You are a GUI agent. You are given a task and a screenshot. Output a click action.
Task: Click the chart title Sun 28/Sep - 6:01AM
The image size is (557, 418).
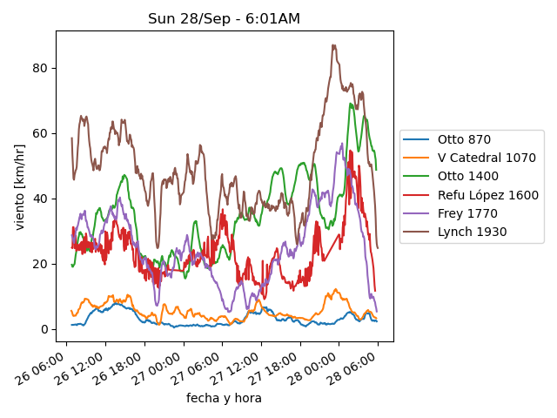coord(224,19)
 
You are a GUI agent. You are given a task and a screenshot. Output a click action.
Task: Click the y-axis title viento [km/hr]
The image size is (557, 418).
coord(20,187)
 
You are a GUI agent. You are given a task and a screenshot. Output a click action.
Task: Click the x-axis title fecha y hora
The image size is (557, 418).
coord(224,398)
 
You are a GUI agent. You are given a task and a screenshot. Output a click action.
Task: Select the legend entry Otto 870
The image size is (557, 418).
coord(464,139)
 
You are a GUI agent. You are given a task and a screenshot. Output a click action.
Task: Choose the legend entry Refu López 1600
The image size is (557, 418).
coord(487,195)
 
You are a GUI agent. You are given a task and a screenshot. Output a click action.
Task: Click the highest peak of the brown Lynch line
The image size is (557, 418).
coord(333,45)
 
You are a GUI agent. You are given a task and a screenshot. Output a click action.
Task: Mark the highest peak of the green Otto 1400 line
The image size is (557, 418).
coord(351,104)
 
